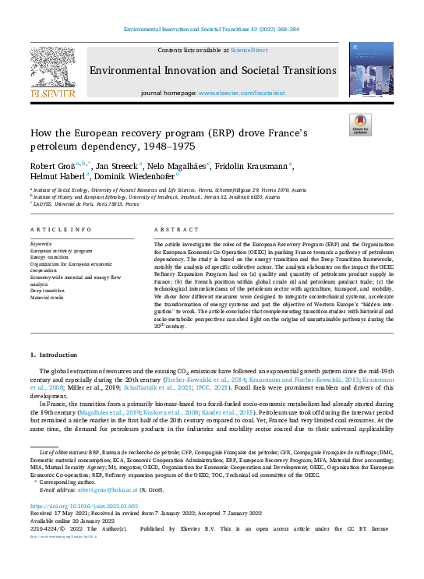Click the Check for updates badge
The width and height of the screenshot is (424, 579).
[x=359, y=125]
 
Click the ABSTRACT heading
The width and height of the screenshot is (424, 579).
[x=171, y=231]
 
